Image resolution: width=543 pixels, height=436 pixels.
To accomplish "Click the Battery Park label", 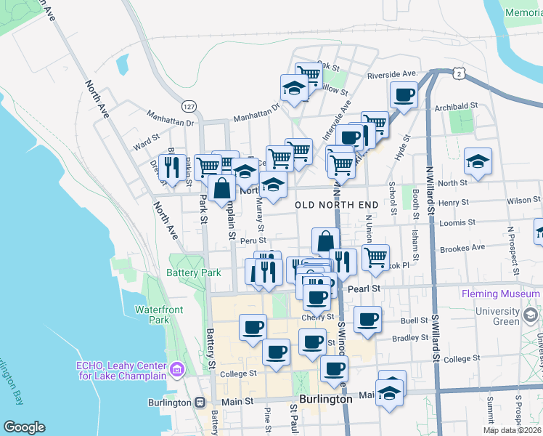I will coord(193,272).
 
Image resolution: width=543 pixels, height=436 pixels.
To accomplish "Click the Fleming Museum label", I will coord(500,294).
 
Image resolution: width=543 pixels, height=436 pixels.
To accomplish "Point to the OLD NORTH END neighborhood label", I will coord(337,205).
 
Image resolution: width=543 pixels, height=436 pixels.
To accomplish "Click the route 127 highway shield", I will coord(189,106).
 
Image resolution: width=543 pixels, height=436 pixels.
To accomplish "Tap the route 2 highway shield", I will coord(457,73).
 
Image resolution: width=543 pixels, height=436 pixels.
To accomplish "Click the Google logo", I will coord(24,427).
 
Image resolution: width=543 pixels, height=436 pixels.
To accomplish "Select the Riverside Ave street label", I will coord(393,74).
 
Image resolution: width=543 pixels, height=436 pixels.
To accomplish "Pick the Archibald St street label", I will coord(455,106).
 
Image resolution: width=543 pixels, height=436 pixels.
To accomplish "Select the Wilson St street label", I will coord(524,200).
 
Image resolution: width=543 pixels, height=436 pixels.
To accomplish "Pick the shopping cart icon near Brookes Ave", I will coord(375,257).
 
